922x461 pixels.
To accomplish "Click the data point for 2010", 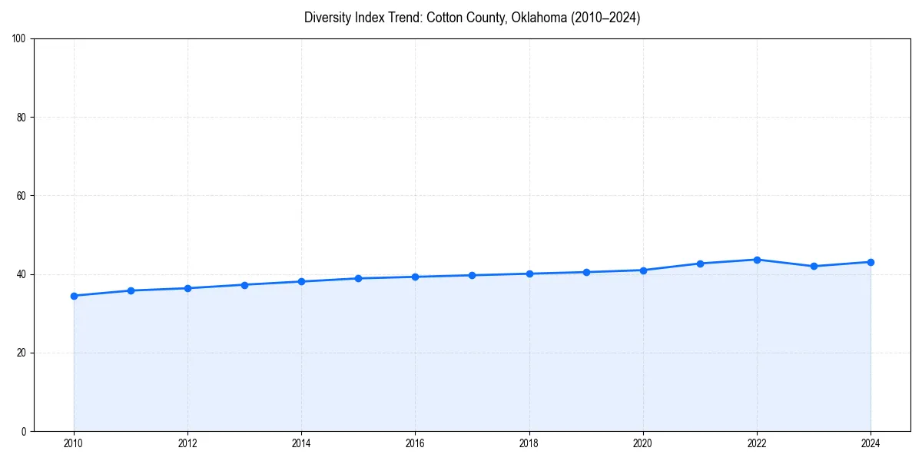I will click(x=74, y=296).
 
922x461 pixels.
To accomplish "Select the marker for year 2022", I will click(x=757, y=260).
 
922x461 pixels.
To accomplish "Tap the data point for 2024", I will click(x=871, y=262).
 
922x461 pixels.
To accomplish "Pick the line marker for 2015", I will click(x=358, y=278).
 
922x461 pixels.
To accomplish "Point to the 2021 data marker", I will click(x=700, y=264).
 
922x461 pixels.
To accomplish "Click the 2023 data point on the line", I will click(x=814, y=267).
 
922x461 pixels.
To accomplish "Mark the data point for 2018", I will click(x=529, y=274).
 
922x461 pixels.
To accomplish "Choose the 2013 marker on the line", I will click(x=244, y=285).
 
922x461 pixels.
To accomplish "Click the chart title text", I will click(x=472, y=18).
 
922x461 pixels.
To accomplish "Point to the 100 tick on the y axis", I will click(x=19, y=39).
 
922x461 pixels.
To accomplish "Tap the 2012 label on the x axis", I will click(x=187, y=443).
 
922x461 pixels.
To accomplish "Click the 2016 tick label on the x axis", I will click(x=415, y=443).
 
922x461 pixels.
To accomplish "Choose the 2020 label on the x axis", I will click(x=643, y=443).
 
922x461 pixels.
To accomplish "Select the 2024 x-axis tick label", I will click(x=871, y=443).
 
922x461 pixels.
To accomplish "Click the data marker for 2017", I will click(x=472, y=275).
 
